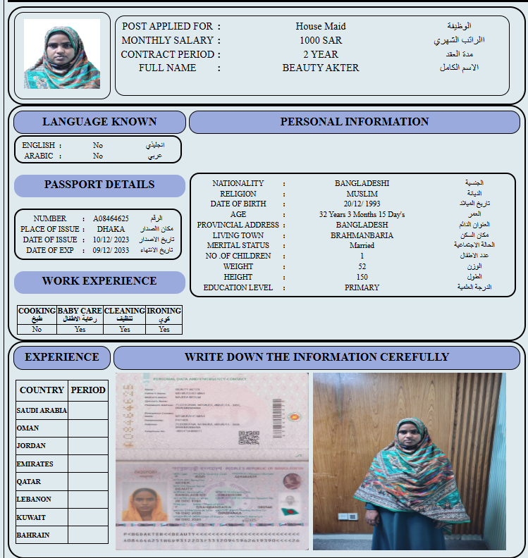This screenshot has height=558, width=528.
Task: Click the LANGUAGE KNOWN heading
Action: pyautogui.click(x=99, y=122)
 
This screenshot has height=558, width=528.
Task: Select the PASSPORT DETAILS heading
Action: pyautogui.click(x=99, y=185)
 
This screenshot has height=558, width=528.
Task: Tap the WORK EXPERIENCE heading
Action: pyautogui.click(x=99, y=281)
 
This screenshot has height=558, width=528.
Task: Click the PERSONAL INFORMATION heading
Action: pyautogui.click(x=354, y=122)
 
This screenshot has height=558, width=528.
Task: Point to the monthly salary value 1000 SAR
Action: pyautogui.click(x=321, y=40)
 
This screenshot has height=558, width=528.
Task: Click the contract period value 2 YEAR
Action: pyautogui.click(x=321, y=54)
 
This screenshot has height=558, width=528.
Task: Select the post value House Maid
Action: pyautogui.click(x=321, y=26)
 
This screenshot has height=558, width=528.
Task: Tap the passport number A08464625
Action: pyautogui.click(x=111, y=218)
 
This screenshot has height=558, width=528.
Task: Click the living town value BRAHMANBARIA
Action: pyautogui.click(x=362, y=235)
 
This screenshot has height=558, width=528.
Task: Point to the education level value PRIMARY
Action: pyautogui.click(x=362, y=287)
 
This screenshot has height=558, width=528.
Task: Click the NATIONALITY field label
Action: pyautogui.click(x=238, y=183)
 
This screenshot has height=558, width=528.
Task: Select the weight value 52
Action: pyautogui.click(x=362, y=266)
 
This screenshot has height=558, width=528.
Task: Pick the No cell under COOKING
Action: pyautogui.click(x=37, y=329)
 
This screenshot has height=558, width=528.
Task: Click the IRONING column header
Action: pyautogui.click(x=164, y=311)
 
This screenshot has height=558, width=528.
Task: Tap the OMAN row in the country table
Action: pyautogui.click(x=28, y=428)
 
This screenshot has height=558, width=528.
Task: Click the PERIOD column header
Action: pyautogui.click(x=88, y=390)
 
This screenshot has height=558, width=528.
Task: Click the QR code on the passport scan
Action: pyautogui.click(x=249, y=438)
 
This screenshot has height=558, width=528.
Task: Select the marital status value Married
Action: pyautogui.click(x=362, y=245)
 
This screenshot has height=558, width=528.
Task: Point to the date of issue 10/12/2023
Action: pyautogui.click(x=111, y=240)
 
